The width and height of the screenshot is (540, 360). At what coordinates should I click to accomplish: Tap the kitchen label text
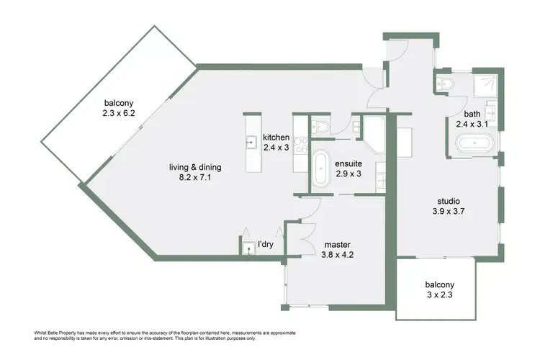click(x=276, y=138)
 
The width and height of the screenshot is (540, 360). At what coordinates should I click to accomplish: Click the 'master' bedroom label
click(x=337, y=244)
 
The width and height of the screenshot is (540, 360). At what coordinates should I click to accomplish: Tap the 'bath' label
click(x=472, y=114)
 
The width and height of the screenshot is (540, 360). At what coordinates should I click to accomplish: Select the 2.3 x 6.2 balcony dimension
click(x=118, y=113)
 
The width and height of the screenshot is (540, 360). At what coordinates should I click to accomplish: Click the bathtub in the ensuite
click(x=321, y=169)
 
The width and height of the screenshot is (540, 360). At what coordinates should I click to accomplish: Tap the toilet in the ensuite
click(x=323, y=127)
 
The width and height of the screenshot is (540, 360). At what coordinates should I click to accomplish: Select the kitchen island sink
click(x=251, y=142)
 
